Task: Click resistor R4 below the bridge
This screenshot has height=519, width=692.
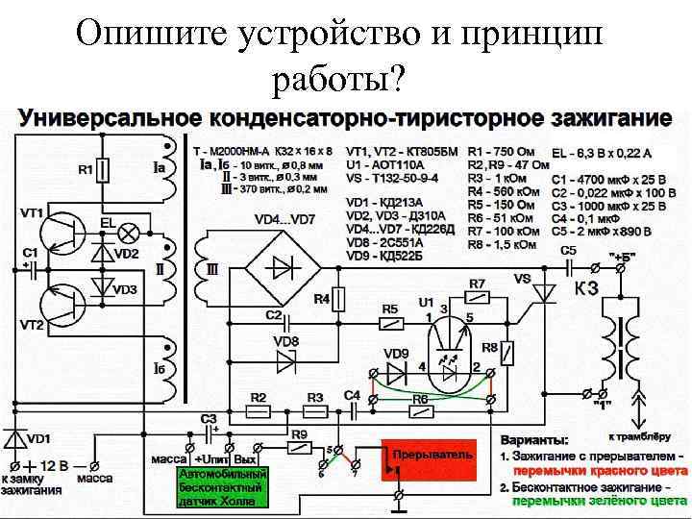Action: pos(336,299)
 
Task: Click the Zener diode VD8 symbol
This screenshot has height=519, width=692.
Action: pos(285,360)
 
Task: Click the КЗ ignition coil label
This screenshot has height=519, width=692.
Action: pos(589,288)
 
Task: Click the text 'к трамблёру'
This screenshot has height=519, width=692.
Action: pos(653,406)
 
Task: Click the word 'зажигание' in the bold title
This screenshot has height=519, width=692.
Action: pos(611,118)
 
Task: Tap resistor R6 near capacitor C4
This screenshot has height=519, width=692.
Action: pos(420,409)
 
